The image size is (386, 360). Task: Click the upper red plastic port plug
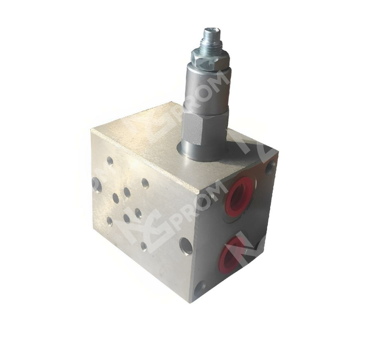coord(240,196)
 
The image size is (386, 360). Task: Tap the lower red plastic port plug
coord(232,254)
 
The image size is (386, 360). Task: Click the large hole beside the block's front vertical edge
coord(186,246)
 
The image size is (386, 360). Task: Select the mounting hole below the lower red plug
coord(200,288)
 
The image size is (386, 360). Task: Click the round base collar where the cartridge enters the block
coord(201,152)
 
